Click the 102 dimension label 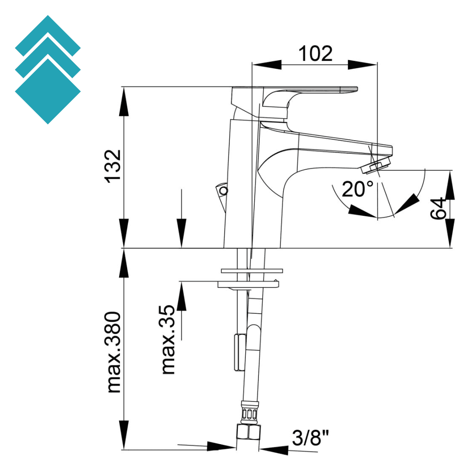pyautogui.click(x=315, y=53)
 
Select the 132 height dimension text pyautogui.click(x=113, y=167)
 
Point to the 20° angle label pyautogui.click(x=358, y=189)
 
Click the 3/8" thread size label pyautogui.click(x=310, y=439)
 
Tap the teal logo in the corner pyautogui.click(x=48, y=70)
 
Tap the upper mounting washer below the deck pyautogui.click(x=252, y=271)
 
